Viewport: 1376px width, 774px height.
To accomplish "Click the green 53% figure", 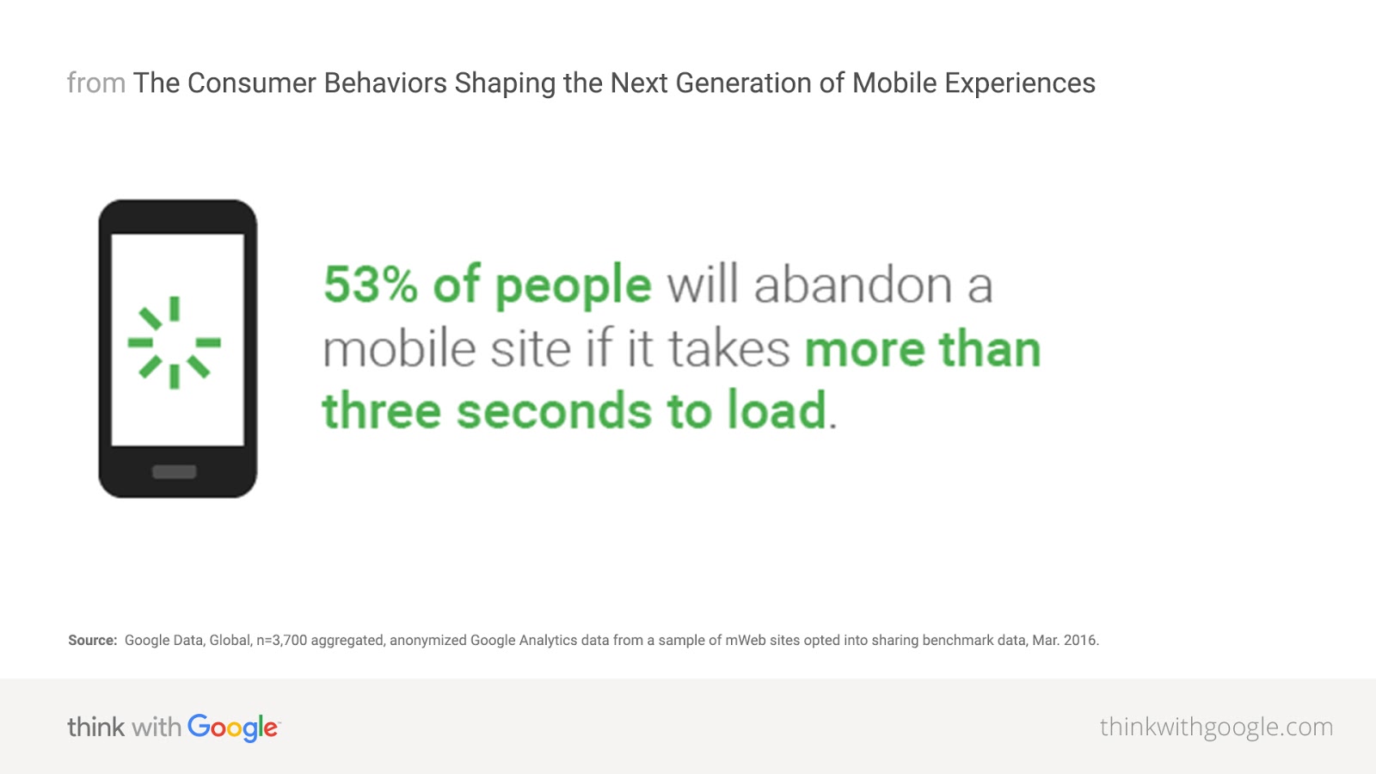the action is click(371, 285).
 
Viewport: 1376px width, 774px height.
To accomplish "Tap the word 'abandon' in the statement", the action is click(852, 285).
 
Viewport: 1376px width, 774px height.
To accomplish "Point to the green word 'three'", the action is click(382, 409).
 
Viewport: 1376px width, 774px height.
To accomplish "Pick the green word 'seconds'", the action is click(554, 410).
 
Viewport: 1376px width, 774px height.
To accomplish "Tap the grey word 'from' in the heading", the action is click(96, 83).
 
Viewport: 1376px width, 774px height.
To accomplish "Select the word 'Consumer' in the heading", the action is click(251, 83).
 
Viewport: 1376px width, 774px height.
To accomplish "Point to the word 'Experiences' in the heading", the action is click(1020, 84).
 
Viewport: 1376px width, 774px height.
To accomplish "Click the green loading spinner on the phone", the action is click(175, 342).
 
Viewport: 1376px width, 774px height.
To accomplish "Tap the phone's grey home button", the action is click(175, 472).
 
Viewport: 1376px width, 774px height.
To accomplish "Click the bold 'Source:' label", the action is click(92, 640).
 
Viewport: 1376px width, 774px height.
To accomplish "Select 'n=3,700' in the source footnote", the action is click(281, 640).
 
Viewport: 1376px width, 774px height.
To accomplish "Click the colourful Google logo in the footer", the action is click(234, 728).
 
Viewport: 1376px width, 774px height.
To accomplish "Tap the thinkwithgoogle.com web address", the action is click(1216, 728).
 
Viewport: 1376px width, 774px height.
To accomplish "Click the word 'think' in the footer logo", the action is click(95, 727).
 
